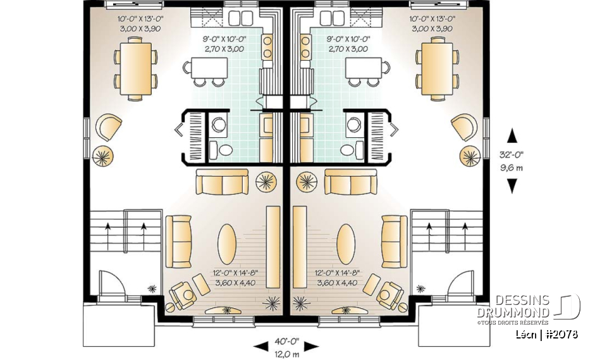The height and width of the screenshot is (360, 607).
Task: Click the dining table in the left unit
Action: point(133,67)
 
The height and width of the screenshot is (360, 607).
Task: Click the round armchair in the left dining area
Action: point(109,127)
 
